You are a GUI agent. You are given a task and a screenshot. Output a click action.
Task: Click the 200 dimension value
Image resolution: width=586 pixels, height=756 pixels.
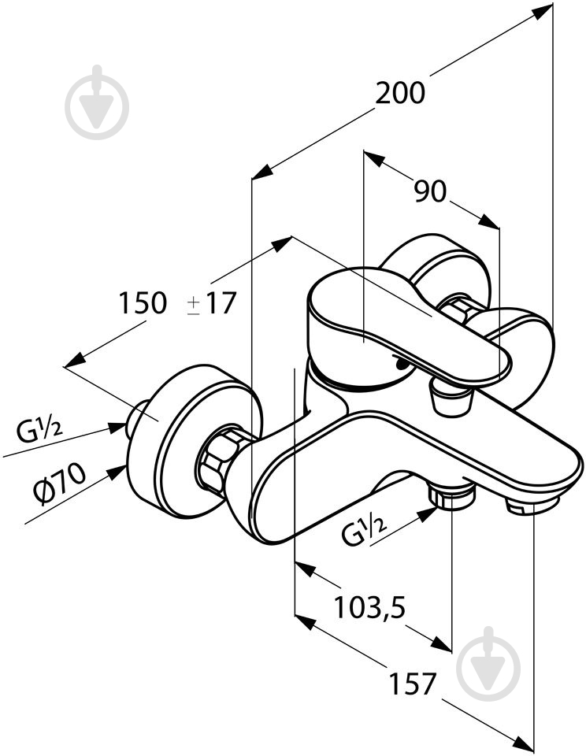tap(399, 93)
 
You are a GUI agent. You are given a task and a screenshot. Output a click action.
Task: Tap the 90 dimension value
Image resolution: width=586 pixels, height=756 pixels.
tap(430, 191)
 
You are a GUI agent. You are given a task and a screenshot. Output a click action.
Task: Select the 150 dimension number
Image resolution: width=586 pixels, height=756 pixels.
tap(142, 302)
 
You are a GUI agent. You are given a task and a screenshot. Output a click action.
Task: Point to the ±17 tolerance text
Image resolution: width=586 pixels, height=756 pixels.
tap(211, 302)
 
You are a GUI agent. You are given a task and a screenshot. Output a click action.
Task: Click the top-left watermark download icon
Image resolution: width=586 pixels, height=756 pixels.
tap(97, 102)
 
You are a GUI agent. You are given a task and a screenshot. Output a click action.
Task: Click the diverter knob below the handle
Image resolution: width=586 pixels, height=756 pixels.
tap(451, 398)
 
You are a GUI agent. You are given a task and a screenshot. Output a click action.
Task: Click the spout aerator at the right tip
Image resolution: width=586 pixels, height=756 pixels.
tap(533, 503)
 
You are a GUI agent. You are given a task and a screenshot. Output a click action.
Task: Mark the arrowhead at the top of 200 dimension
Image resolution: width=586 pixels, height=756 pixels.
tap(544, 9)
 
